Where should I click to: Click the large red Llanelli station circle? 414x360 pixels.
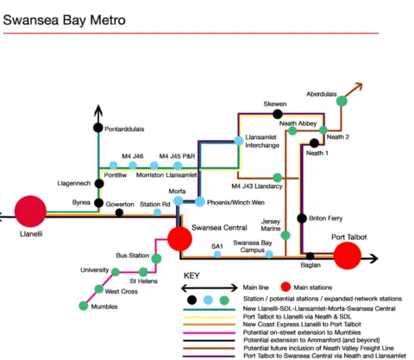[x=29, y=211]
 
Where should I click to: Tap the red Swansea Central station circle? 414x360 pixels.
[x=180, y=238]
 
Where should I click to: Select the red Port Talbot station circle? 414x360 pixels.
[x=348, y=256]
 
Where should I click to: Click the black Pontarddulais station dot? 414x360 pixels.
[x=97, y=129]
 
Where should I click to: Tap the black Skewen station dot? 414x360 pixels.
[x=278, y=113]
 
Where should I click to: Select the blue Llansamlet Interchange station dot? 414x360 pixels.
[x=238, y=141]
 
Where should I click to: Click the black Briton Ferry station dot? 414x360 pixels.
[x=302, y=218]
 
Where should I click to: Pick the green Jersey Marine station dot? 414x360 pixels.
[x=286, y=234]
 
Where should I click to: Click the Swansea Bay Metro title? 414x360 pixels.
[x=65, y=18]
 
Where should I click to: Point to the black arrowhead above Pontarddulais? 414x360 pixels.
[x=97, y=111]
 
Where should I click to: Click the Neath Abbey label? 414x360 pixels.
[x=298, y=123]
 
